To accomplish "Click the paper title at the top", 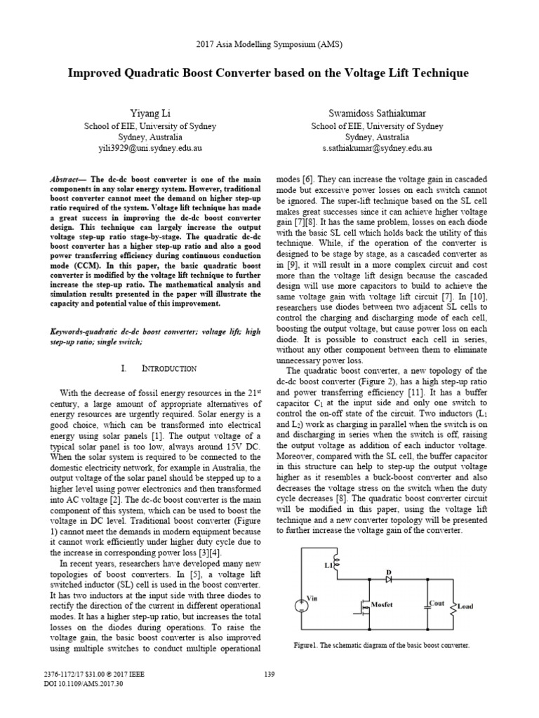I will point(269,73).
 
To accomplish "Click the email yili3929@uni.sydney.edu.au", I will point(150,149).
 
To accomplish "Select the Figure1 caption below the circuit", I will point(380,645).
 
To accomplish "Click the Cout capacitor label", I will point(437,603).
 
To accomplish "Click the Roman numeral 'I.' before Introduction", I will point(124,368).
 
